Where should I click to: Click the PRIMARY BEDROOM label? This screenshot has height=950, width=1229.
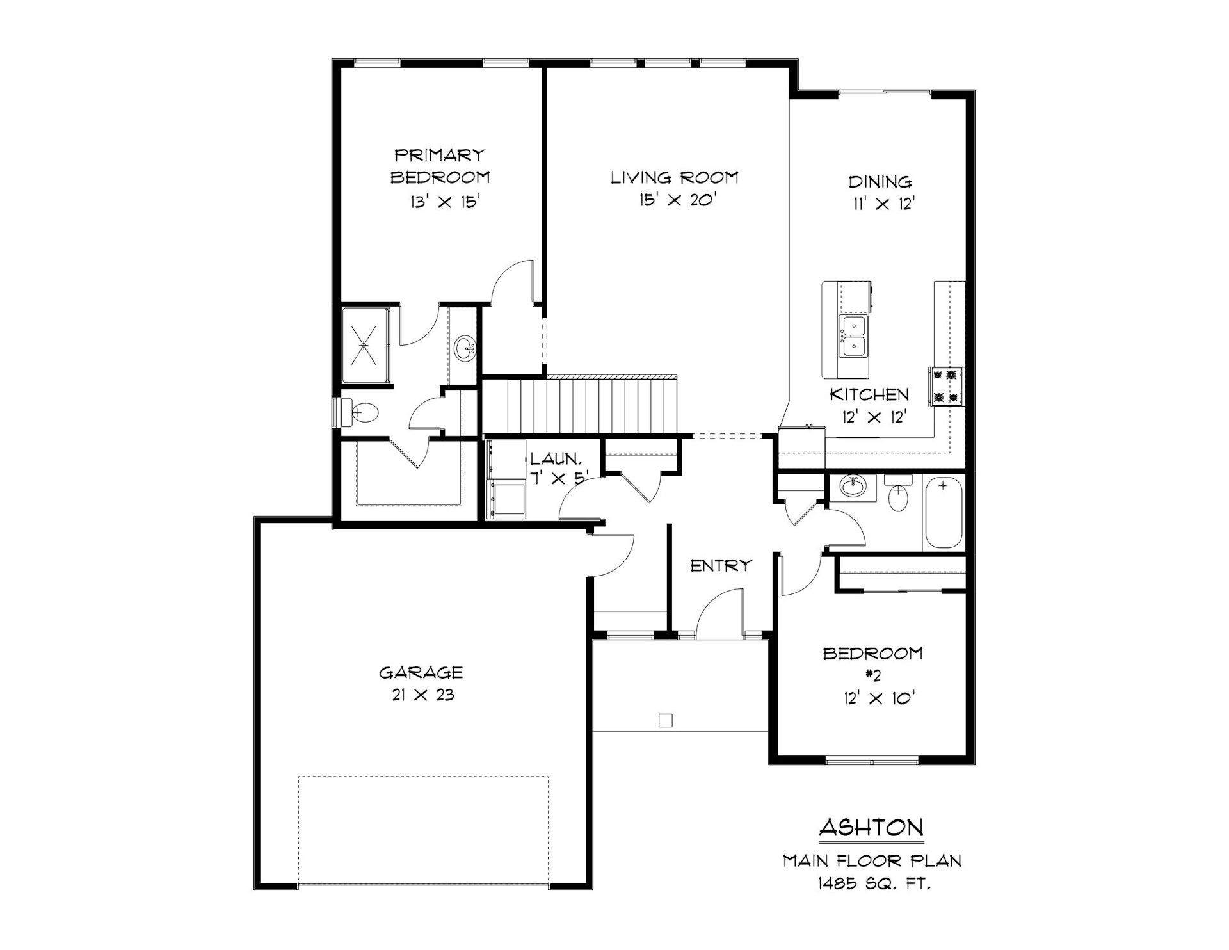440,166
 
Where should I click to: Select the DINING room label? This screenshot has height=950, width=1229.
881,182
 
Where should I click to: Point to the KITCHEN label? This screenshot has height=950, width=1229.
869,394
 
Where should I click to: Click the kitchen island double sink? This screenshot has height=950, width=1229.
853,336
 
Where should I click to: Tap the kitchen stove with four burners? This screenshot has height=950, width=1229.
947,387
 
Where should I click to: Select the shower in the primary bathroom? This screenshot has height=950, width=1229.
365,346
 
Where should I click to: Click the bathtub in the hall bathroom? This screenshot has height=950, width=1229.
944,513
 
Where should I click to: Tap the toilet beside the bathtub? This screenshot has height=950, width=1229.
898,492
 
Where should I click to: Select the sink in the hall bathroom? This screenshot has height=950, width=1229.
853,487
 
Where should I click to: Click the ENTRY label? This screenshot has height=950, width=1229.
721,565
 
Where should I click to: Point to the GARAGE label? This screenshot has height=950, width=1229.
421,672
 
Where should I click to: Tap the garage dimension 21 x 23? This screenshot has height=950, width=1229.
422,695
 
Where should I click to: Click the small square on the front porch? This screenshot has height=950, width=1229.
666,721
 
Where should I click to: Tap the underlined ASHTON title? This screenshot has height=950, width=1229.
872,828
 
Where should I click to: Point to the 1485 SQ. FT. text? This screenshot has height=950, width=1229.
873,884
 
